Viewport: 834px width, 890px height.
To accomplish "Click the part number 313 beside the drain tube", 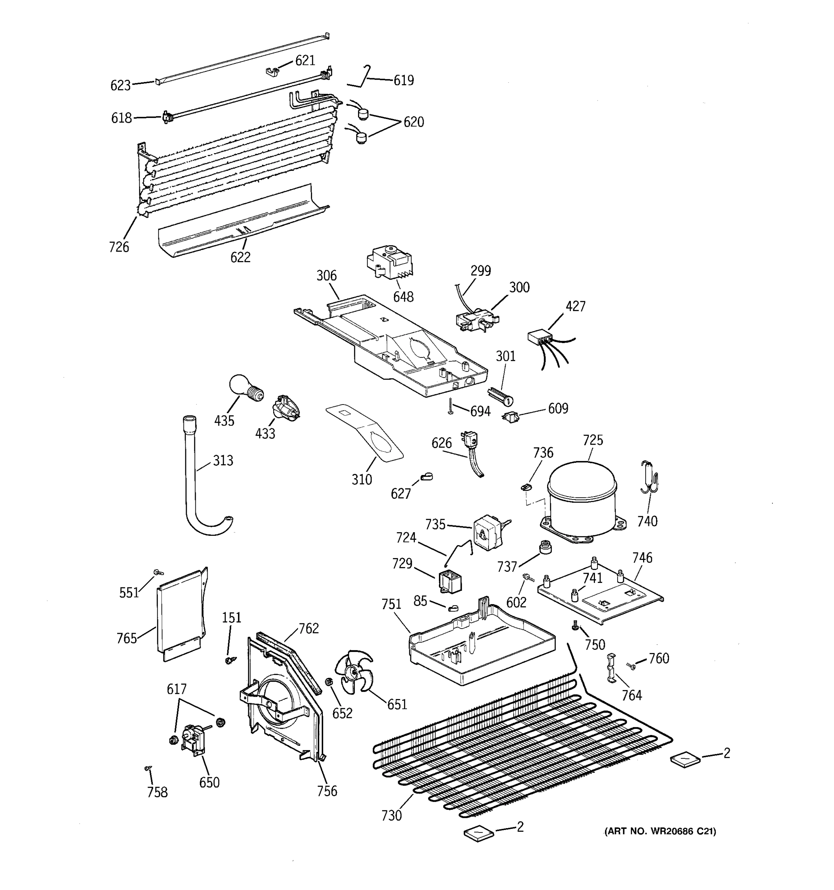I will coord(223,460).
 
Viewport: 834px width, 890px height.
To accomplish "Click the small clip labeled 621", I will coord(273,70).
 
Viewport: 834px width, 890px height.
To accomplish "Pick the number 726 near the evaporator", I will coord(119,247).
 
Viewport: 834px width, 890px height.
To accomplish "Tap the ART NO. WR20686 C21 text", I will coord(660,831).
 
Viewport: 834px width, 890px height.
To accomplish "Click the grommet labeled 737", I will coord(545,547).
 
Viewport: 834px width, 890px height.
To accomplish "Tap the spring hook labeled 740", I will coord(649,477).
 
